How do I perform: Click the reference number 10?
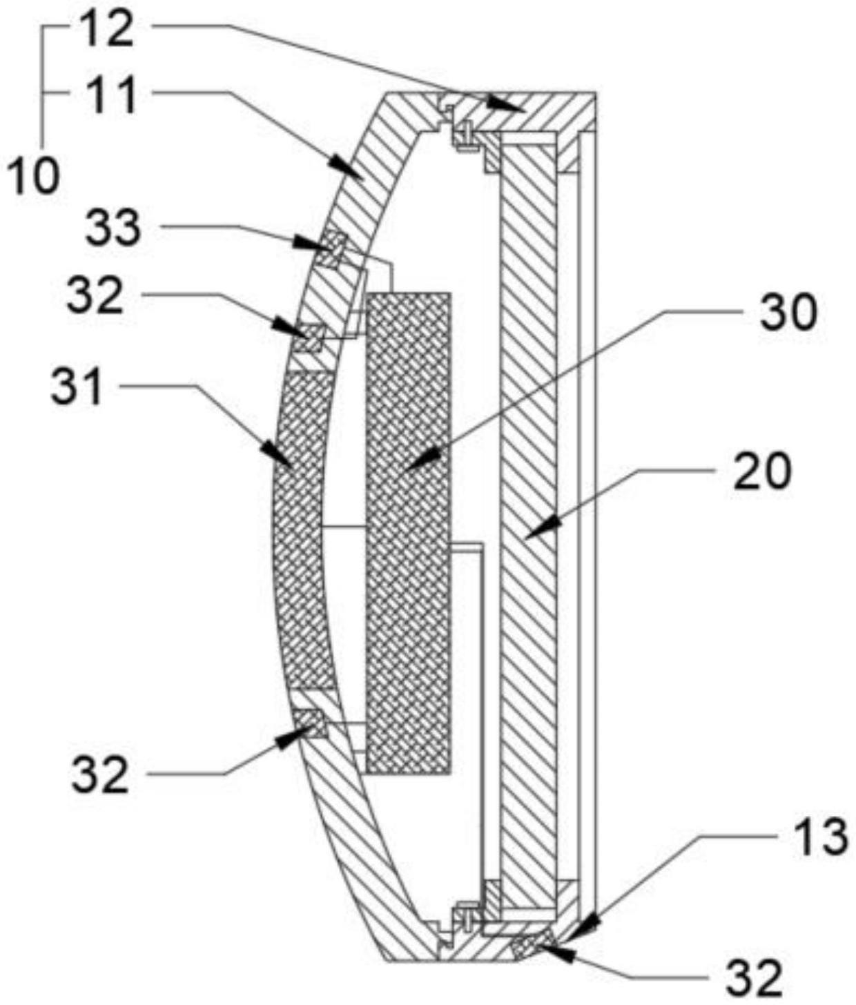pyautogui.click(x=33, y=177)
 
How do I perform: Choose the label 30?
pyautogui.click(x=788, y=312)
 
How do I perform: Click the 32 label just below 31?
pyautogui.click(x=99, y=774)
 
